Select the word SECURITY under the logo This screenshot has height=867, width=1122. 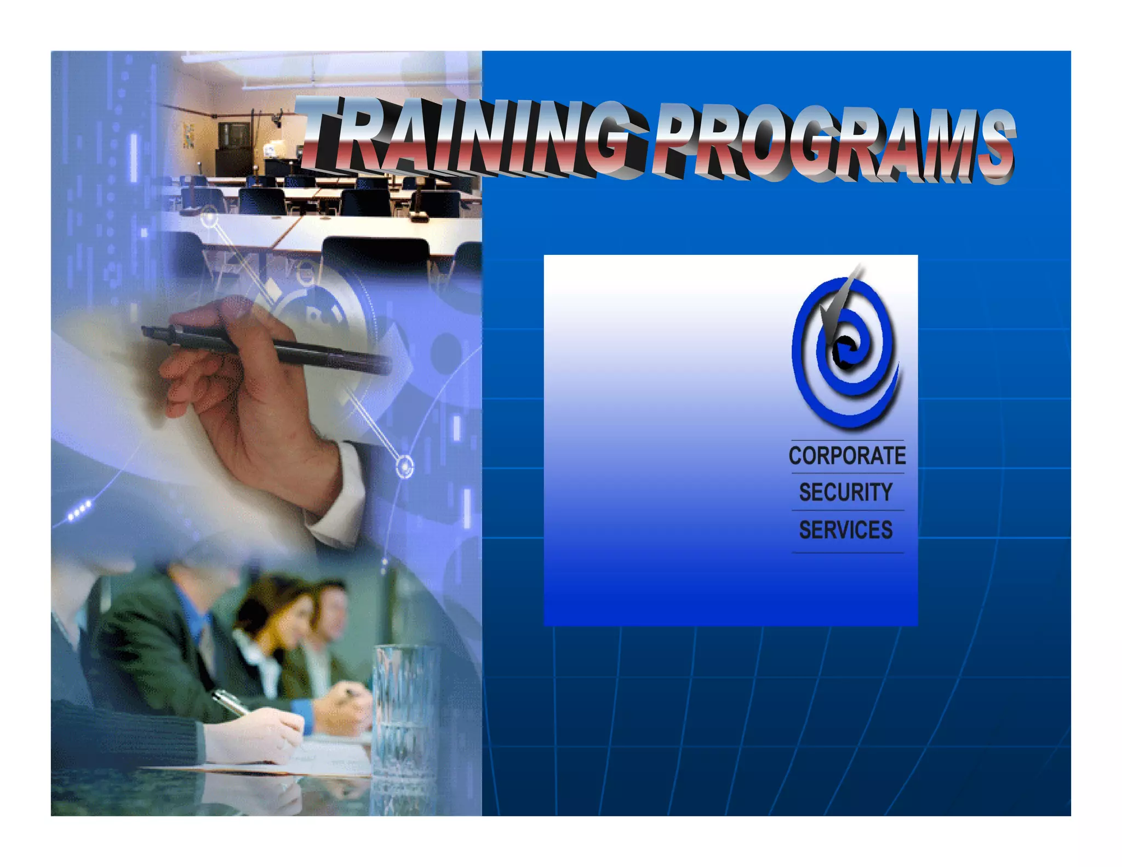click(x=846, y=492)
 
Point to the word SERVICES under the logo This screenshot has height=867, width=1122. click(x=846, y=530)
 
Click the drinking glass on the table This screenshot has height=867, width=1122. click(x=405, y=712)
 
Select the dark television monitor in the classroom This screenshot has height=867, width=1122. click(x=234, y=135)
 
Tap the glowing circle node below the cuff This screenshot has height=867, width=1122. click(x=405, y=467)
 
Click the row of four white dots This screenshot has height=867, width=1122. click(x=80, y=510)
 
